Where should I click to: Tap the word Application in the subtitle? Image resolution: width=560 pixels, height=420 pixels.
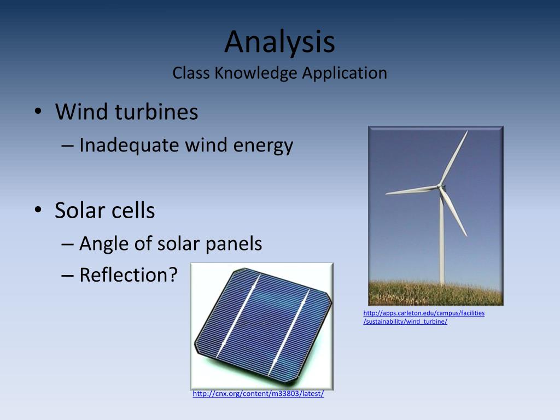click(345, 74)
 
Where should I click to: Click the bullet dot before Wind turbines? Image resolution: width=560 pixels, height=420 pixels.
click(38, 112)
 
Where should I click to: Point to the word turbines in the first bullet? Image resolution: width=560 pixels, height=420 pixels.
click(156, 112)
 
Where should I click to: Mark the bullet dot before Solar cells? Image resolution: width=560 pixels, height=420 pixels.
click(38, 210)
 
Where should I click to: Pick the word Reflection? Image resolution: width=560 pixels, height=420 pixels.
click(129, 275)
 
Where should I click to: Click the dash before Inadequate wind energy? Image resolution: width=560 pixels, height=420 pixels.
click(67, 145)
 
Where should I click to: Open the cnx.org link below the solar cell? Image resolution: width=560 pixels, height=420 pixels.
click(258, 394)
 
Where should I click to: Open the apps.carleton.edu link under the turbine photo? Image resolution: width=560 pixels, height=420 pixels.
click(424, 317)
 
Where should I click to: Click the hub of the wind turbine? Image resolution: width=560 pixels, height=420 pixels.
click(440, 187)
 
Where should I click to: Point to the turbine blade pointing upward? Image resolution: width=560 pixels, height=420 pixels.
click(454, 158)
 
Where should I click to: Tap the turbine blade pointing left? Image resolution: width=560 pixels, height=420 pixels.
click(412, 190)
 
